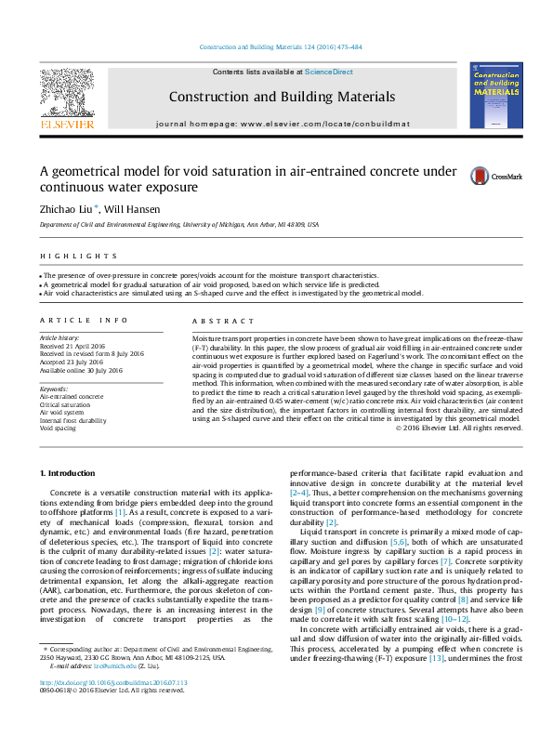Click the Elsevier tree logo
[x=66, y=92]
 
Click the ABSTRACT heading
[x=215, y=320]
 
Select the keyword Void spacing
[x=58, y=429]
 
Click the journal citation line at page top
[x=276, y=47]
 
